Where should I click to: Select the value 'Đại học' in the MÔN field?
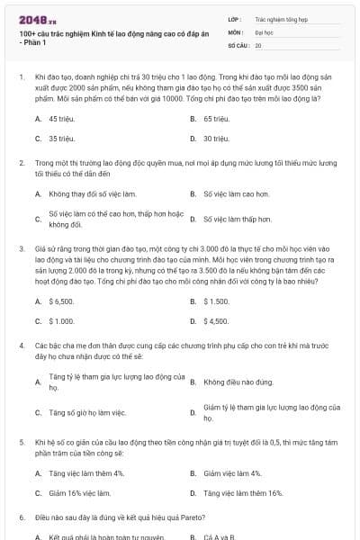click(264, 31)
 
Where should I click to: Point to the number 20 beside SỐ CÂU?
click(258, 44)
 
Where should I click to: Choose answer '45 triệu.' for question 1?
click(61, 119)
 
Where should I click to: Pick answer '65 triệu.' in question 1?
click(216, 119)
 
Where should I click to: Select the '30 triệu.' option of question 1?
click(216, 139)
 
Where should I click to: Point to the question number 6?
click(21, 518)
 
